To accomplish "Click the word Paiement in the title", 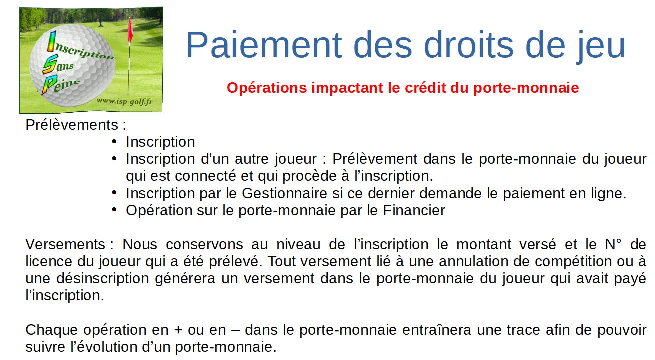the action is pos(264,45).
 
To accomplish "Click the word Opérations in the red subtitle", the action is pos(267,88).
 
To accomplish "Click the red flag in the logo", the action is pos(130,30).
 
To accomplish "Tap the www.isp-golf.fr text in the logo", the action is pos(124,102).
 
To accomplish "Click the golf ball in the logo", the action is pos(73,66).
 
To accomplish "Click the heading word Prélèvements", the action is pos(72,125).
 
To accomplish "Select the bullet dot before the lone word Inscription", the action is pos(114,142).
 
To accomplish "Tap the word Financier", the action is pos(414,210).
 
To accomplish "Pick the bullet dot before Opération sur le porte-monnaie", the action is pos(114,210).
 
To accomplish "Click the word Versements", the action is pos(65,244).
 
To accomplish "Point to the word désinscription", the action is pos(103,278).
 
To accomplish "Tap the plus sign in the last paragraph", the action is pos(178,330).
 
